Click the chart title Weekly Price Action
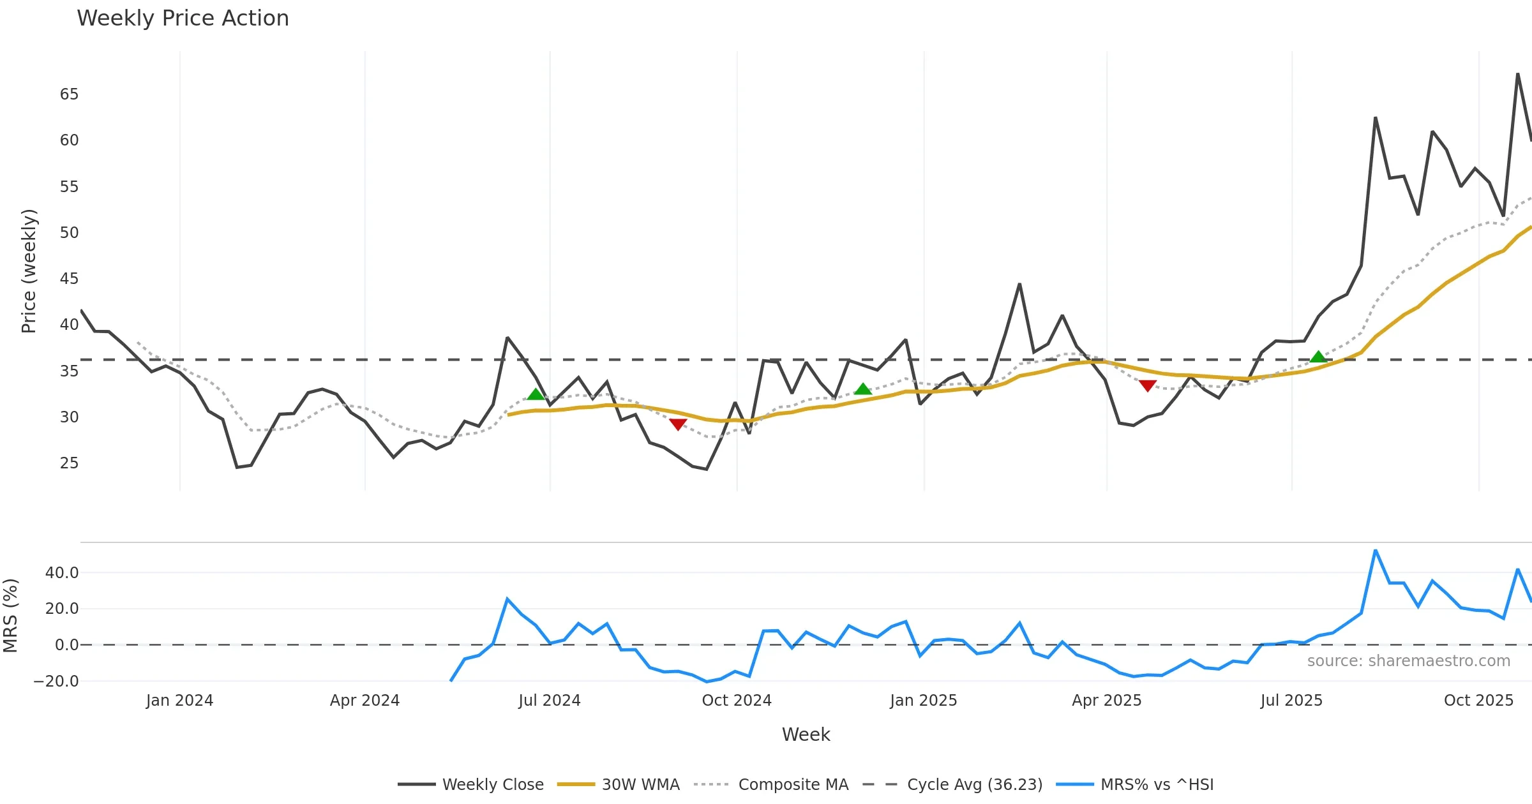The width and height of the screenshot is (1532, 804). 183,19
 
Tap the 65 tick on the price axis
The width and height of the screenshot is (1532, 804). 69,94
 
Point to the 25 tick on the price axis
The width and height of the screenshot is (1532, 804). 69,463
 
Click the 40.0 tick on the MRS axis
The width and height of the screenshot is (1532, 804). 62,573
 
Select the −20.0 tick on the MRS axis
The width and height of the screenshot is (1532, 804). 56,681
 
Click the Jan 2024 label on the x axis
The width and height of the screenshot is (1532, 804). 179,701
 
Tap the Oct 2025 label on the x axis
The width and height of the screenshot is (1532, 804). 1478,701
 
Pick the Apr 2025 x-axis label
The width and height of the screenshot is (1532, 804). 1106,701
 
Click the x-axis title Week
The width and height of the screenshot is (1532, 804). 806,735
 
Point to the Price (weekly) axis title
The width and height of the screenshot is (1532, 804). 29,271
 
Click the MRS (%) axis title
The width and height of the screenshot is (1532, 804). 10,616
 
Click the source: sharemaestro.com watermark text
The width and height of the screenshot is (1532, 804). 1408,661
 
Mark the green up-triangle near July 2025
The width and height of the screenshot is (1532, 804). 1318,357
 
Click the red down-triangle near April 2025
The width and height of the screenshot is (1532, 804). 1148,386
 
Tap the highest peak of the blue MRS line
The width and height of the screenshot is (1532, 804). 1376,551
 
